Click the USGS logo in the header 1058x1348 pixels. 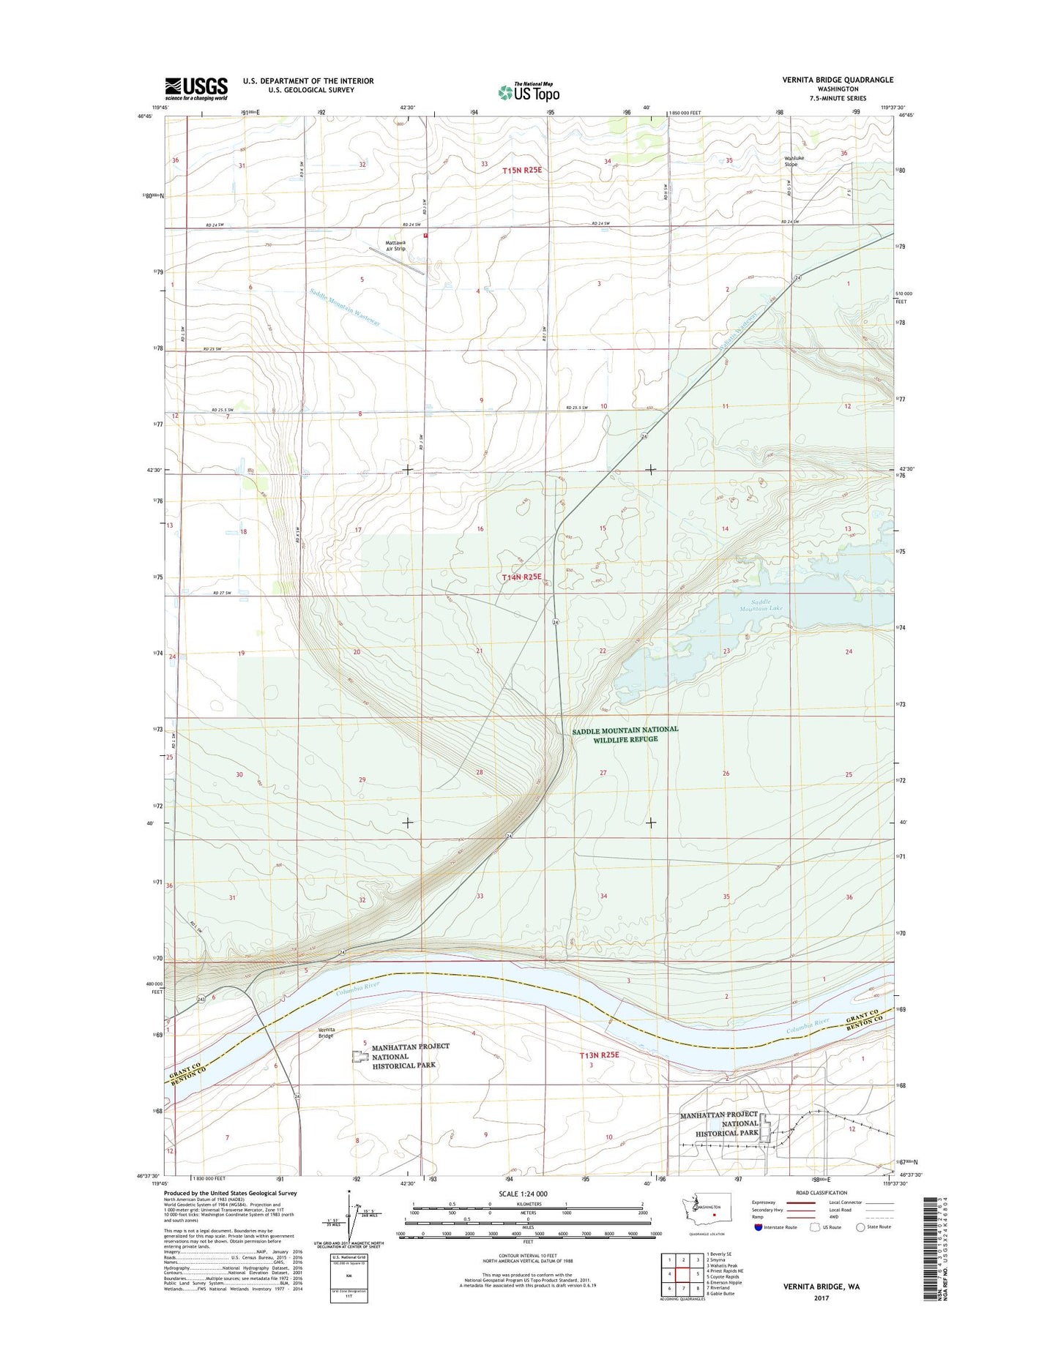[x=195, y=89]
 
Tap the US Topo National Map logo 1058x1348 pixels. [x=529, y=91]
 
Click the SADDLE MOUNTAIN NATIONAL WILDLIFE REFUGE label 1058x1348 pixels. [x=625, y=734]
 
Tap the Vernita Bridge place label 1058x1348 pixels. [x=326, y=1033]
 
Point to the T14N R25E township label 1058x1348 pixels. [x=522, y=577]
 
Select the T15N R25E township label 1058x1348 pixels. [x=522, y=171]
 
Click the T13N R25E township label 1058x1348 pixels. [x=599, y=1055]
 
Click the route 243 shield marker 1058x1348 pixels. [x=201, y=999]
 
